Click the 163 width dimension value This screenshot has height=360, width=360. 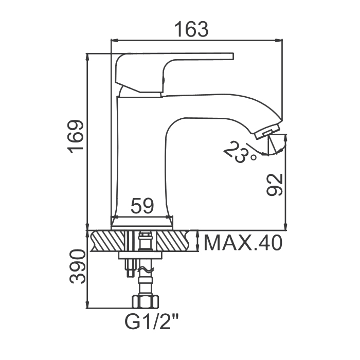pyautogui.click(x=191, y=29)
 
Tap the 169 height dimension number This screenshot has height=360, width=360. pyautogui.click(x=76, y=136)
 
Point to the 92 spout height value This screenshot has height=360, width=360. pyautogui.click(x=274, y=185)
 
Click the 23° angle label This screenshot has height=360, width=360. pyautogui.click(x=239, y=152)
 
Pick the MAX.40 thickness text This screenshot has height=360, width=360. pyautogui.click(x=243, y=243)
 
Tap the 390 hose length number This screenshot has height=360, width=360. pyautogui.click(x=78, y=267)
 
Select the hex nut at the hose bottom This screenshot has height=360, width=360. pyautogui.click(x=145, y=302)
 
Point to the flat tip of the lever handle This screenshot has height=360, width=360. pyautogui.click(x=233, y=56)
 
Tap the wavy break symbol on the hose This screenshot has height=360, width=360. pyautogui.click(x=145, y=270)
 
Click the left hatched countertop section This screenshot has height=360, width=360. pyautogui.click(x=109, y=241)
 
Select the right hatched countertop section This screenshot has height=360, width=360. pyautogui.click(x=173, y=241)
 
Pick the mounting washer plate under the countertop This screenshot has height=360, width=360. pyautogui.click(x=140, y=255)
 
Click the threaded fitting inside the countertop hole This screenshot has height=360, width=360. pyautogui.click(x=145, y=241)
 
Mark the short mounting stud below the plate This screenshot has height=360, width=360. pyautogui.click(x=130, y=268)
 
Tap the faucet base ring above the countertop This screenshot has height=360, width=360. pyautogui.click(x=142, y=224)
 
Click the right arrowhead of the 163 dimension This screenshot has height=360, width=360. pyautogui.click(x=279, y=41)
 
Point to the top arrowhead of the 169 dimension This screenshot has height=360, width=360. pyautogui.click(x=87, y=58)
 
